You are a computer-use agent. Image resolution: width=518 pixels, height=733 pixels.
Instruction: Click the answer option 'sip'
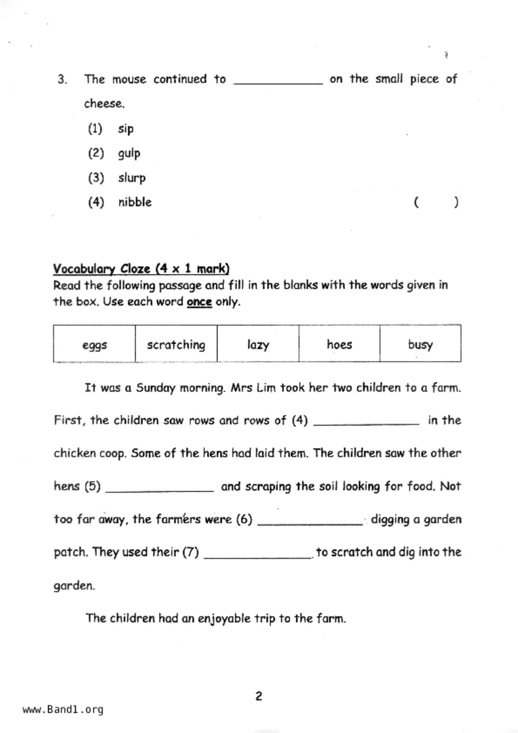(125, 129)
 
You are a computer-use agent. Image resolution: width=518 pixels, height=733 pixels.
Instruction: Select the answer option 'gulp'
(129, 153)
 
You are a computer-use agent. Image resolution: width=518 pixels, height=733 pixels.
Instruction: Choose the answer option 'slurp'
(132, 178)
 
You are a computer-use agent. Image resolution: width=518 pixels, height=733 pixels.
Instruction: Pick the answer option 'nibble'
(135, 202)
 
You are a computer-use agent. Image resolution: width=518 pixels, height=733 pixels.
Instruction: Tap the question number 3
(62, 79)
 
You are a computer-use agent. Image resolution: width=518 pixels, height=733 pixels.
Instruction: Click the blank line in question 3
(278, 81)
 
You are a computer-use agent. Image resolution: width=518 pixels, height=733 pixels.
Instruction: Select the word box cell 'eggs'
(94, 345)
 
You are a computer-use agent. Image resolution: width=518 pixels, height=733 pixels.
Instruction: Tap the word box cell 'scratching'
(176, 345)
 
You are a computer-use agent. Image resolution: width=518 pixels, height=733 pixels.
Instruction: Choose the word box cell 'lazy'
(258, 345)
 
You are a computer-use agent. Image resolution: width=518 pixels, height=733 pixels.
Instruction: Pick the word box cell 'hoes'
(339, 345)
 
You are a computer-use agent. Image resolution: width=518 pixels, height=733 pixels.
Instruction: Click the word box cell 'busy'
(420, 345)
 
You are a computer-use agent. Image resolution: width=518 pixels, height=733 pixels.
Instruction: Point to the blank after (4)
(366, 422)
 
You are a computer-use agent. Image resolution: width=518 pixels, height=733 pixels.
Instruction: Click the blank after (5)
(159, 489)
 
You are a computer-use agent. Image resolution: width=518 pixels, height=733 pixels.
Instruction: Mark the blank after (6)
(310, 522)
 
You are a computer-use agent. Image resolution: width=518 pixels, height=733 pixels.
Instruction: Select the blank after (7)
(257, 555)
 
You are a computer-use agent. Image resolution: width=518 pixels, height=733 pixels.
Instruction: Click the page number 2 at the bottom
(259, 696)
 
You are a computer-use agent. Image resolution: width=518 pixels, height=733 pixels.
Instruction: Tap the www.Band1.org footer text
(63, 709)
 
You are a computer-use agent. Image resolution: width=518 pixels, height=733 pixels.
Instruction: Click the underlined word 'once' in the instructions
(199, 302)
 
